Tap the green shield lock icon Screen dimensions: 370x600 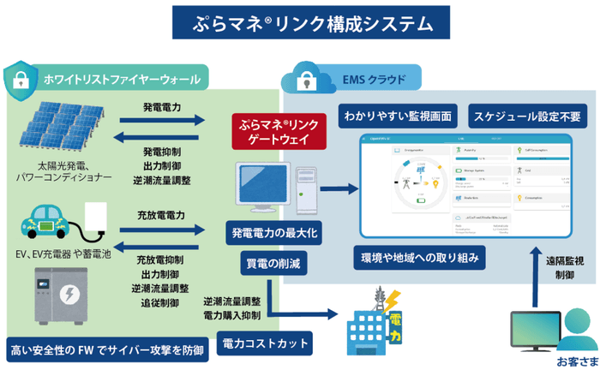22,80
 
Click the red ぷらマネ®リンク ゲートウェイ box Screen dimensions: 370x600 279,130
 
